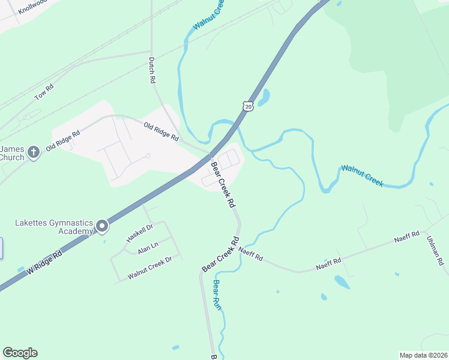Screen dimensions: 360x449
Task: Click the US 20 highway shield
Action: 249,106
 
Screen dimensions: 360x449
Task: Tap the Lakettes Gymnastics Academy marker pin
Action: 102,226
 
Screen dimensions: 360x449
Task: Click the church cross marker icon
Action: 34,152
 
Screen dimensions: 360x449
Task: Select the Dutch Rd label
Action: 152,70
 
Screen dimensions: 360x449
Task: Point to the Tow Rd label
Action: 44,92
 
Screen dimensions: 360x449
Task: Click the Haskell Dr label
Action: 140,232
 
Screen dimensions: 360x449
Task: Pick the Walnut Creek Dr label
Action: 150,268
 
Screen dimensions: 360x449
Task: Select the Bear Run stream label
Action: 217,295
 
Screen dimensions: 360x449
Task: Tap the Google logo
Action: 20,353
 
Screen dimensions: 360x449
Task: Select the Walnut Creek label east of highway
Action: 361,176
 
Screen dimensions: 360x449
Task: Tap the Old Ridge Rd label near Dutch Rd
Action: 161,131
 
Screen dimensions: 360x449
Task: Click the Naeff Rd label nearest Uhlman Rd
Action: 406,239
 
